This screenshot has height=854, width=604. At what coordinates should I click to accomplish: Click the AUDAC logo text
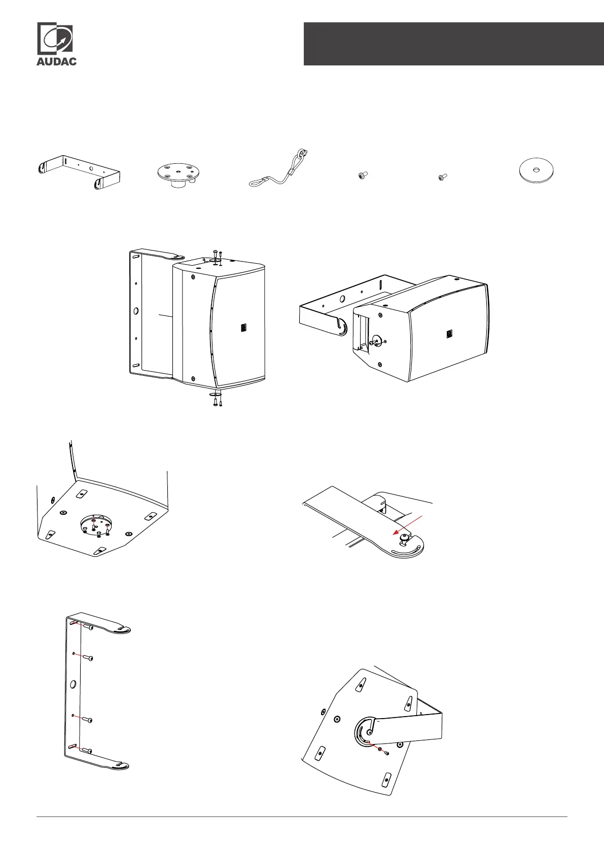click(x=56, y=61)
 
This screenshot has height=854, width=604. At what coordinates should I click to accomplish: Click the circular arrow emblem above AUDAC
click(x=55, y=38)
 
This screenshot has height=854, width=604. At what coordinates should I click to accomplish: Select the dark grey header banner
click(x=454, y=44)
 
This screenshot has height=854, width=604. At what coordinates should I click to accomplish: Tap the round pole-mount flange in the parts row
click(x=179, y=175)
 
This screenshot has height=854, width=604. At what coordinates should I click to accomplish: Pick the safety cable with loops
click(x=278, y=168)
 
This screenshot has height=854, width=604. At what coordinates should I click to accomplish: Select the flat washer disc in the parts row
click(x=537, y=170)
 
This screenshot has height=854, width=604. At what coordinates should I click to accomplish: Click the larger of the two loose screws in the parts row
click(x=363, y=175)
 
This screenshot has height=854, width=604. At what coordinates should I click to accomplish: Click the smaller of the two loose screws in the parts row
click(x=442, y=177)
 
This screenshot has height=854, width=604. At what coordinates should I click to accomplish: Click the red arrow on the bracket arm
click(x=408, y=525)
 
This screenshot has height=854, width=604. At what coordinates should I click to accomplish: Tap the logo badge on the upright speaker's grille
click(x=244, y=328)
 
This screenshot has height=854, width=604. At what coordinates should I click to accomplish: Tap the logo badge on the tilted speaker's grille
click(x=449, y=334)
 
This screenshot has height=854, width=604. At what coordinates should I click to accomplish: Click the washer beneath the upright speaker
click(x=215, y=394)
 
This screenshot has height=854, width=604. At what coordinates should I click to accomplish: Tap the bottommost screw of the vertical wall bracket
click(x=87, y=751)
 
